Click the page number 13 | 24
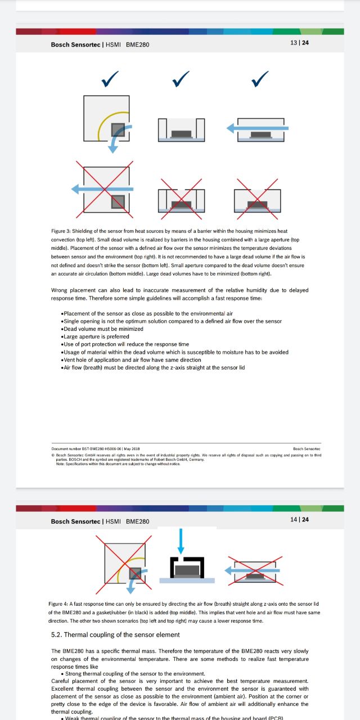click(299, 43)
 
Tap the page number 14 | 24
click(299, 519)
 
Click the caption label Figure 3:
click(59, 231)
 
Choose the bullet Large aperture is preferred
click(93, 336)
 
